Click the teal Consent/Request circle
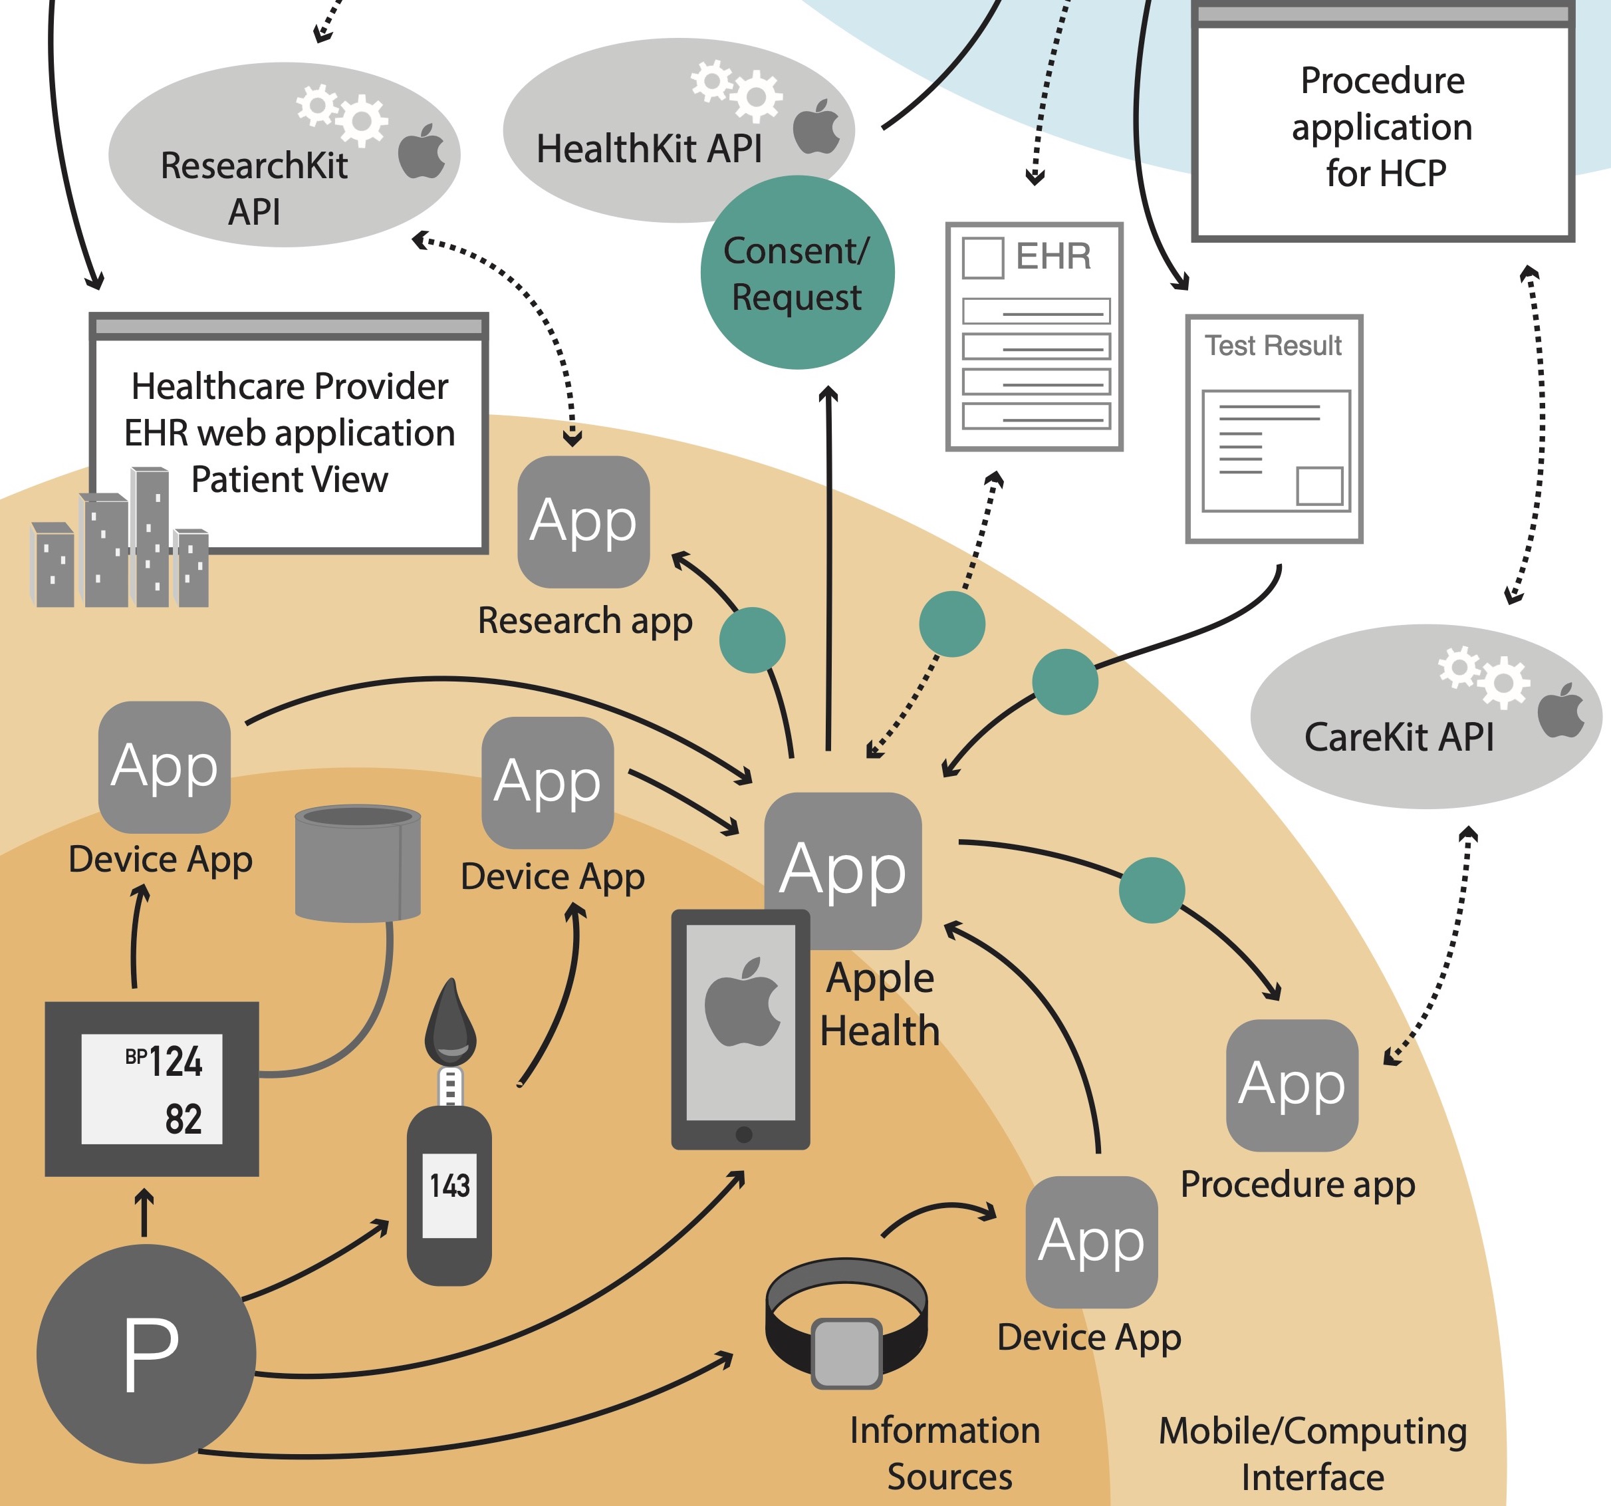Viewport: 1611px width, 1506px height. (797, 273)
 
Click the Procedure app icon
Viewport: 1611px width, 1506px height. (1292, 1084)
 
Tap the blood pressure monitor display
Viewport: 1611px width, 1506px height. (152, 1088)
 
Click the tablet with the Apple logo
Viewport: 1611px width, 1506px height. (741, 1029)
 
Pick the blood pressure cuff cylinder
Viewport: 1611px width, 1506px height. (357, 862)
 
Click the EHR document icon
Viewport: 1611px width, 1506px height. (1035, 336)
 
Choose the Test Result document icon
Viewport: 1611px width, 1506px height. (1274, 429)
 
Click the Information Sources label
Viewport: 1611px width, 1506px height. (945, 1453)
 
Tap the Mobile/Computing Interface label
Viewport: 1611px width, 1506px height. (1312, 1453)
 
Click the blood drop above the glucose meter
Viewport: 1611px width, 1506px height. (451, 1023)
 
